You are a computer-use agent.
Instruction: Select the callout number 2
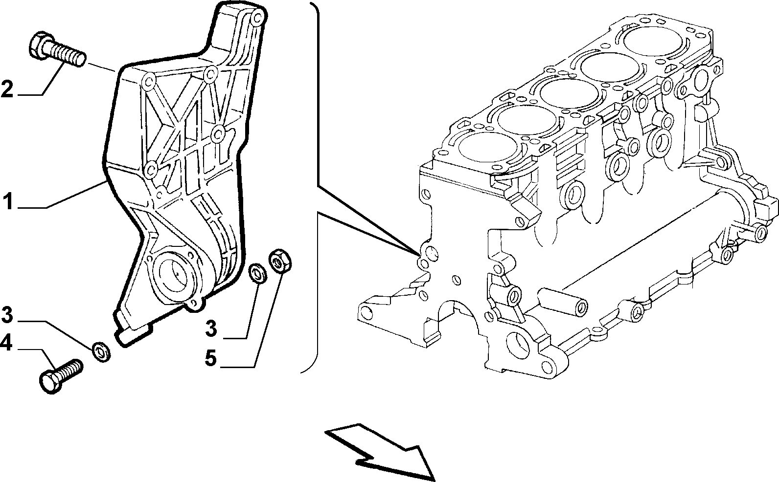point(7,88)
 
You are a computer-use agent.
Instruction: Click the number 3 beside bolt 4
point(7,314)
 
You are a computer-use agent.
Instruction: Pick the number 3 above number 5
point(211,329)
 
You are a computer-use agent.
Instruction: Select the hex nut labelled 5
point(280,262)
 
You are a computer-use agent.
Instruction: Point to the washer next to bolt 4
point(101,351)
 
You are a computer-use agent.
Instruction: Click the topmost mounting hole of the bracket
point(257,17)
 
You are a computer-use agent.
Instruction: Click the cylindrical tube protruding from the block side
point(562,302)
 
